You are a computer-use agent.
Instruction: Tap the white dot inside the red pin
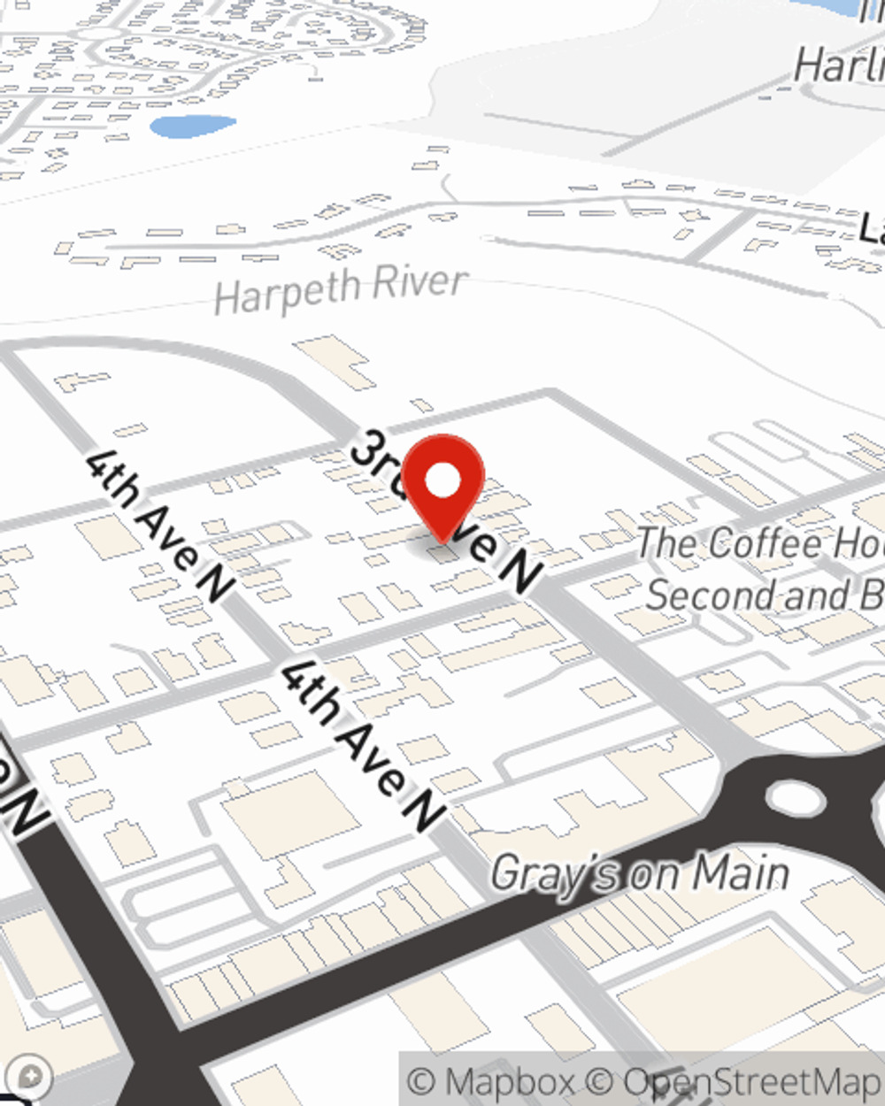(443, 481)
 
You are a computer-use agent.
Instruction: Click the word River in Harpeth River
(419, 283)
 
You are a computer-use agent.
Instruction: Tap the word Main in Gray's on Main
(740, 873)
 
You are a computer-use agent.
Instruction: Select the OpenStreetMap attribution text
(752, 1081)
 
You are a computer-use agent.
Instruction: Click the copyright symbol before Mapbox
(422, 1081)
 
